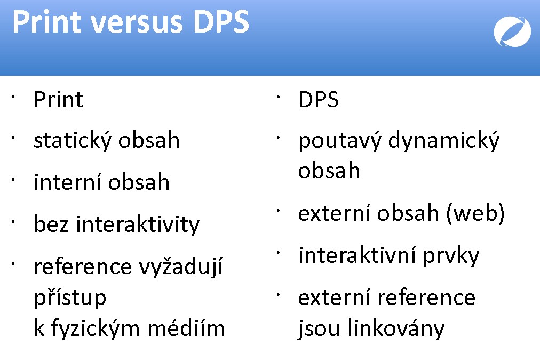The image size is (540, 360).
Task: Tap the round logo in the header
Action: [512, 31]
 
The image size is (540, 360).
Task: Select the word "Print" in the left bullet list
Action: [59, 100]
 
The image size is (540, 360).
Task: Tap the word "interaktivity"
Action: [138, 225]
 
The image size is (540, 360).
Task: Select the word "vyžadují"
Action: [181, 267]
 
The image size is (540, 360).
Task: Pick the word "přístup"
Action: [70, 298]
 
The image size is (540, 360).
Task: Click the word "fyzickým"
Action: [96, 329]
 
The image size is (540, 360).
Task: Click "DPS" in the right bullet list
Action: [319, 100]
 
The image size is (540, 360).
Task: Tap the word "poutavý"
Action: [339, 141]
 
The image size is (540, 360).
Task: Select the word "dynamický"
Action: [444, 141]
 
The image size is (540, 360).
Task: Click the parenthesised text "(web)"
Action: [475, 213]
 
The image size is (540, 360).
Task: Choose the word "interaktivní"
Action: [357, 255]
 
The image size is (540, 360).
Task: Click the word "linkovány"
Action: [396, 328]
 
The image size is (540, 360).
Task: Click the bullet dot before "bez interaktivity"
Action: [13, 222]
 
